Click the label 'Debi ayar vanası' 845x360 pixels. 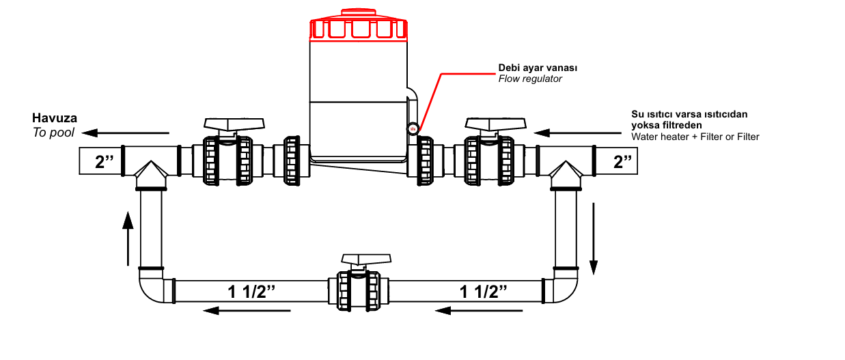point(538,68)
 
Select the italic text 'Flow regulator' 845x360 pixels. point(530,79)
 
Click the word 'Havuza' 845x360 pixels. point(55,119)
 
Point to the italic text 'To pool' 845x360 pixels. point(53,133)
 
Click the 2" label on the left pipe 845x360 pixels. point(100,163)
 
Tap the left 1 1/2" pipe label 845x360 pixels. point(251,292)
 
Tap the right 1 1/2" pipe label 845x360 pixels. point(484,292)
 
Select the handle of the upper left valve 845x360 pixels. point(234,124)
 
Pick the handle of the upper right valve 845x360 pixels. point(496,124)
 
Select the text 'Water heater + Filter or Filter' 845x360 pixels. point(695,137)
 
